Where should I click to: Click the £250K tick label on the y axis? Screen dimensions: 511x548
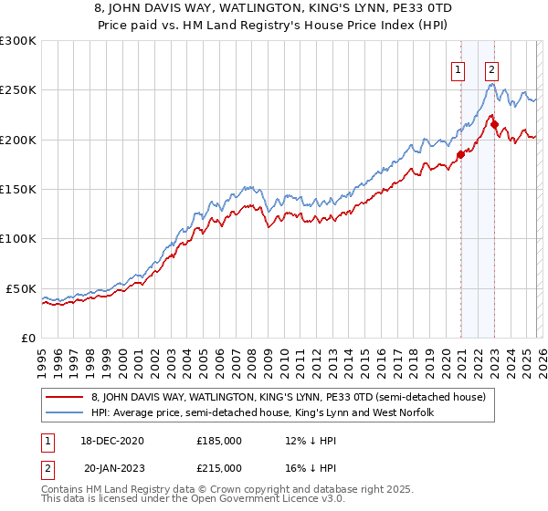[x=18, y=90]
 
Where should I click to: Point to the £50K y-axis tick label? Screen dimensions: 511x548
[x=21, y=288]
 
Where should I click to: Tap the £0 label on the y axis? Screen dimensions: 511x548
[x=27, y=338]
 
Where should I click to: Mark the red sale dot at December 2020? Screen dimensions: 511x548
[x=460, y=155]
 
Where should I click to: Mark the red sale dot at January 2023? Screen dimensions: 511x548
[x=494, y=125]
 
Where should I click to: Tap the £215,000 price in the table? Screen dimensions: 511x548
[x=219, y=467]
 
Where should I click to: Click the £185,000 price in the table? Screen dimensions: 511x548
[x=219, y=440]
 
